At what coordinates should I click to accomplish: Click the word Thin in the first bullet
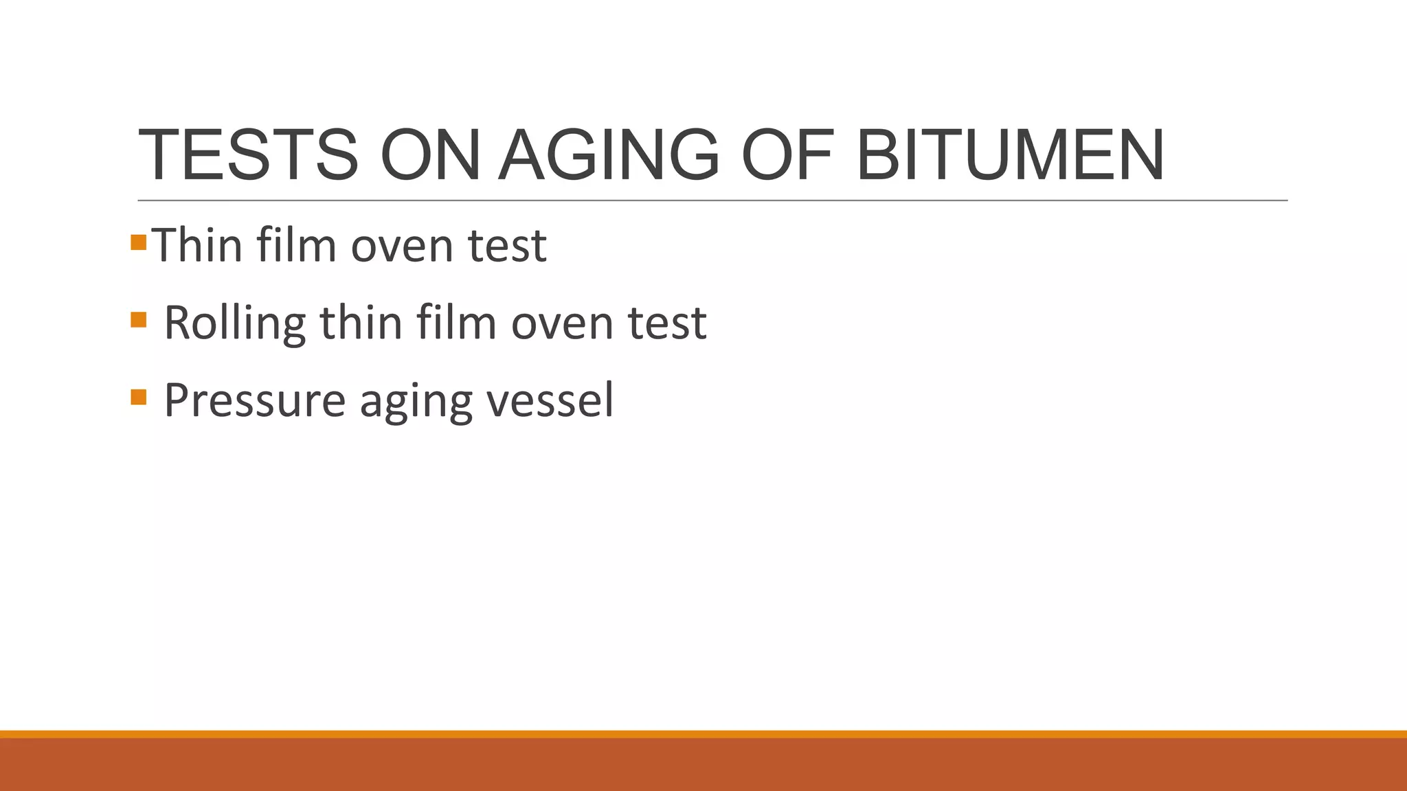coord(196,245)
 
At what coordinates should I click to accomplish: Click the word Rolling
coord(234,323)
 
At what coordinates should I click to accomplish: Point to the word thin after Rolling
coord(361,323)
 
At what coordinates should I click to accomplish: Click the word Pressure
coord(254,400)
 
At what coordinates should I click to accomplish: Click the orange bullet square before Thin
coord(138,242)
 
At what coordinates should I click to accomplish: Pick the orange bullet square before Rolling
coord(138,320)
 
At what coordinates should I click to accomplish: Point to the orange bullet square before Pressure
coord(138,398)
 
